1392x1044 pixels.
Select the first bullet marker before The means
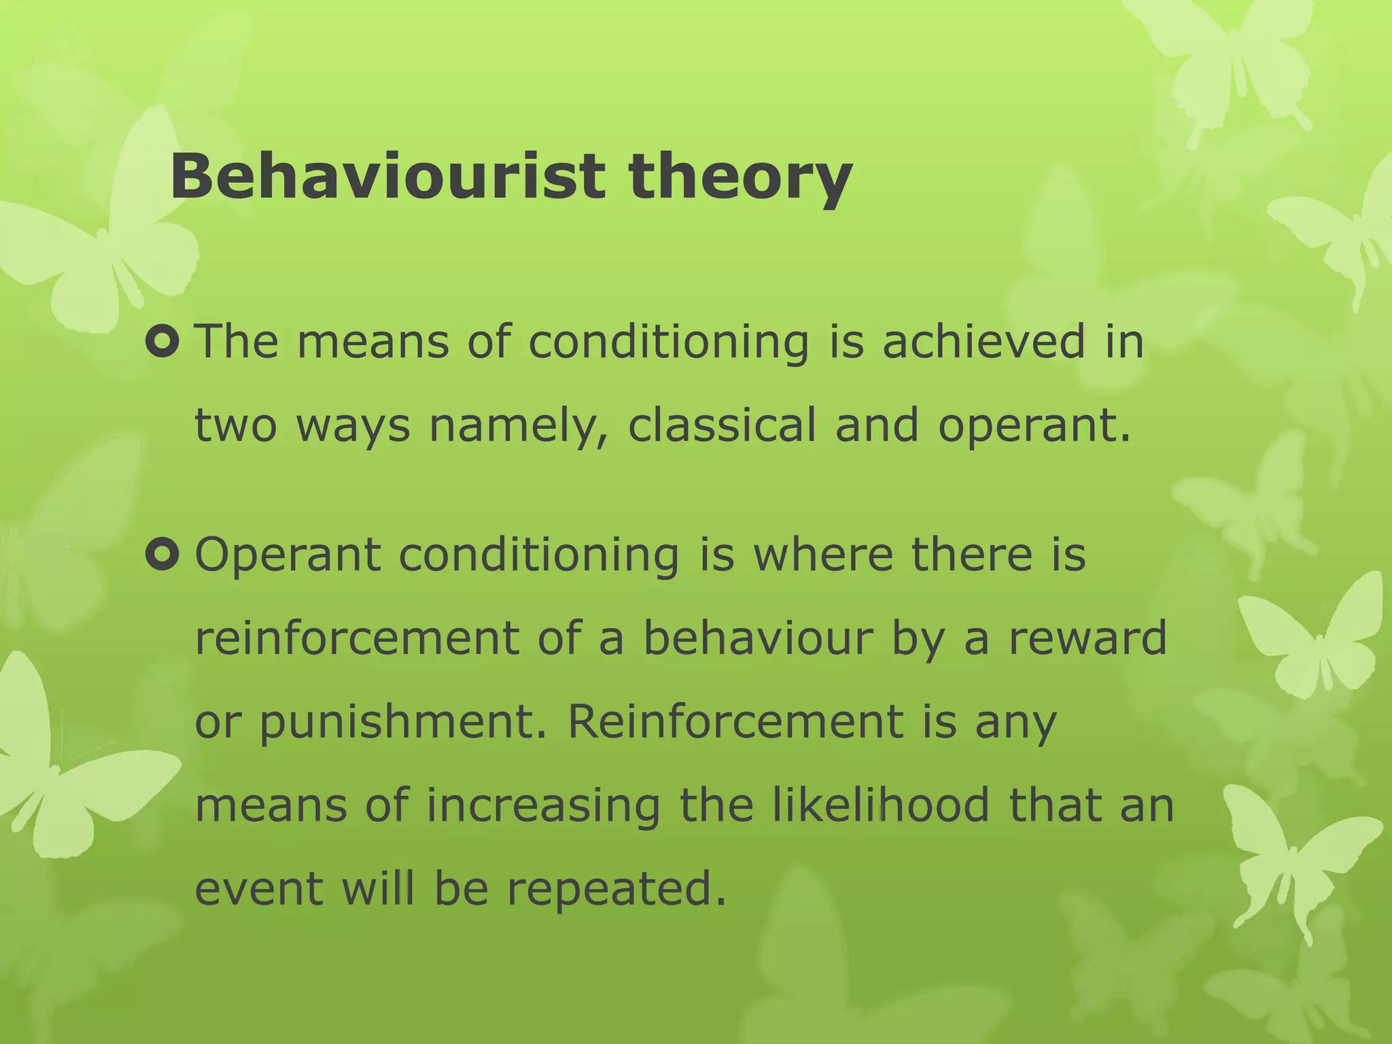[162, 341]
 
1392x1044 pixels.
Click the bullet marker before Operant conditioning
[162, 555]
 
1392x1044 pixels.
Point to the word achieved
[984, 341]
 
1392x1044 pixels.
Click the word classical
[721, 425]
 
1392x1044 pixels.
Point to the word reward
[1087, 639]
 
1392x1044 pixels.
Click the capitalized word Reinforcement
[735, 722]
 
